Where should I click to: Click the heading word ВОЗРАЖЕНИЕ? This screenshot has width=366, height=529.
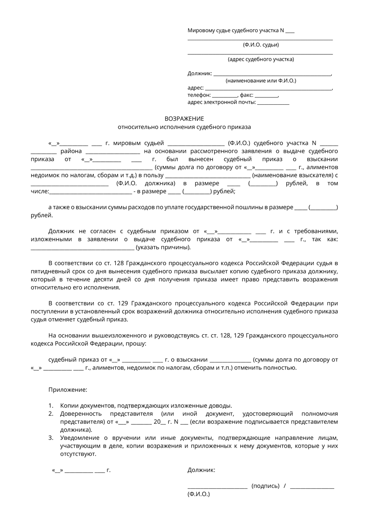(184, 118)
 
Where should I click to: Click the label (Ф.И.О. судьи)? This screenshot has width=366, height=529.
(261, 45)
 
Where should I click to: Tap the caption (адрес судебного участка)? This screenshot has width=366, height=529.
(261, 59)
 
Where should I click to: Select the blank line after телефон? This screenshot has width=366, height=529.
(226, 96)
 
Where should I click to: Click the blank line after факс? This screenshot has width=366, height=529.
(266, 96)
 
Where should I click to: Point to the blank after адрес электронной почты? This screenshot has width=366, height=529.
(273, 103)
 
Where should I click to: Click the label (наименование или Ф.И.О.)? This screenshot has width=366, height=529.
(261, 80)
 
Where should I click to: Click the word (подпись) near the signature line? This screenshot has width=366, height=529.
(265, 486)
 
